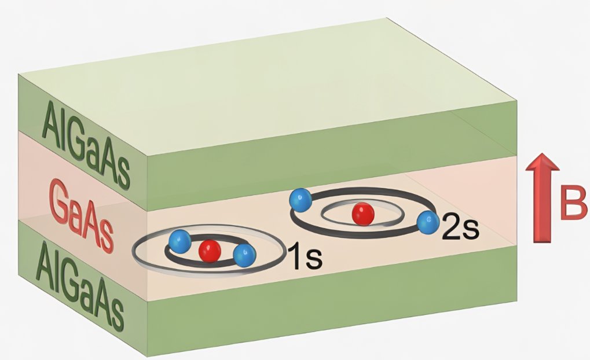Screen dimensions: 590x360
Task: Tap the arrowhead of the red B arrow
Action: tap(543, 164)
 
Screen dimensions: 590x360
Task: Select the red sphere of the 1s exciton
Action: tap(210, 251)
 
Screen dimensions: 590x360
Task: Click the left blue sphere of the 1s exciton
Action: tap(179, 239)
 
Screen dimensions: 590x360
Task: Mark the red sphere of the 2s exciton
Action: tap(363, 214)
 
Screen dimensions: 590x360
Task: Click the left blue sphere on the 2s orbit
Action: tap(299, 200)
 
